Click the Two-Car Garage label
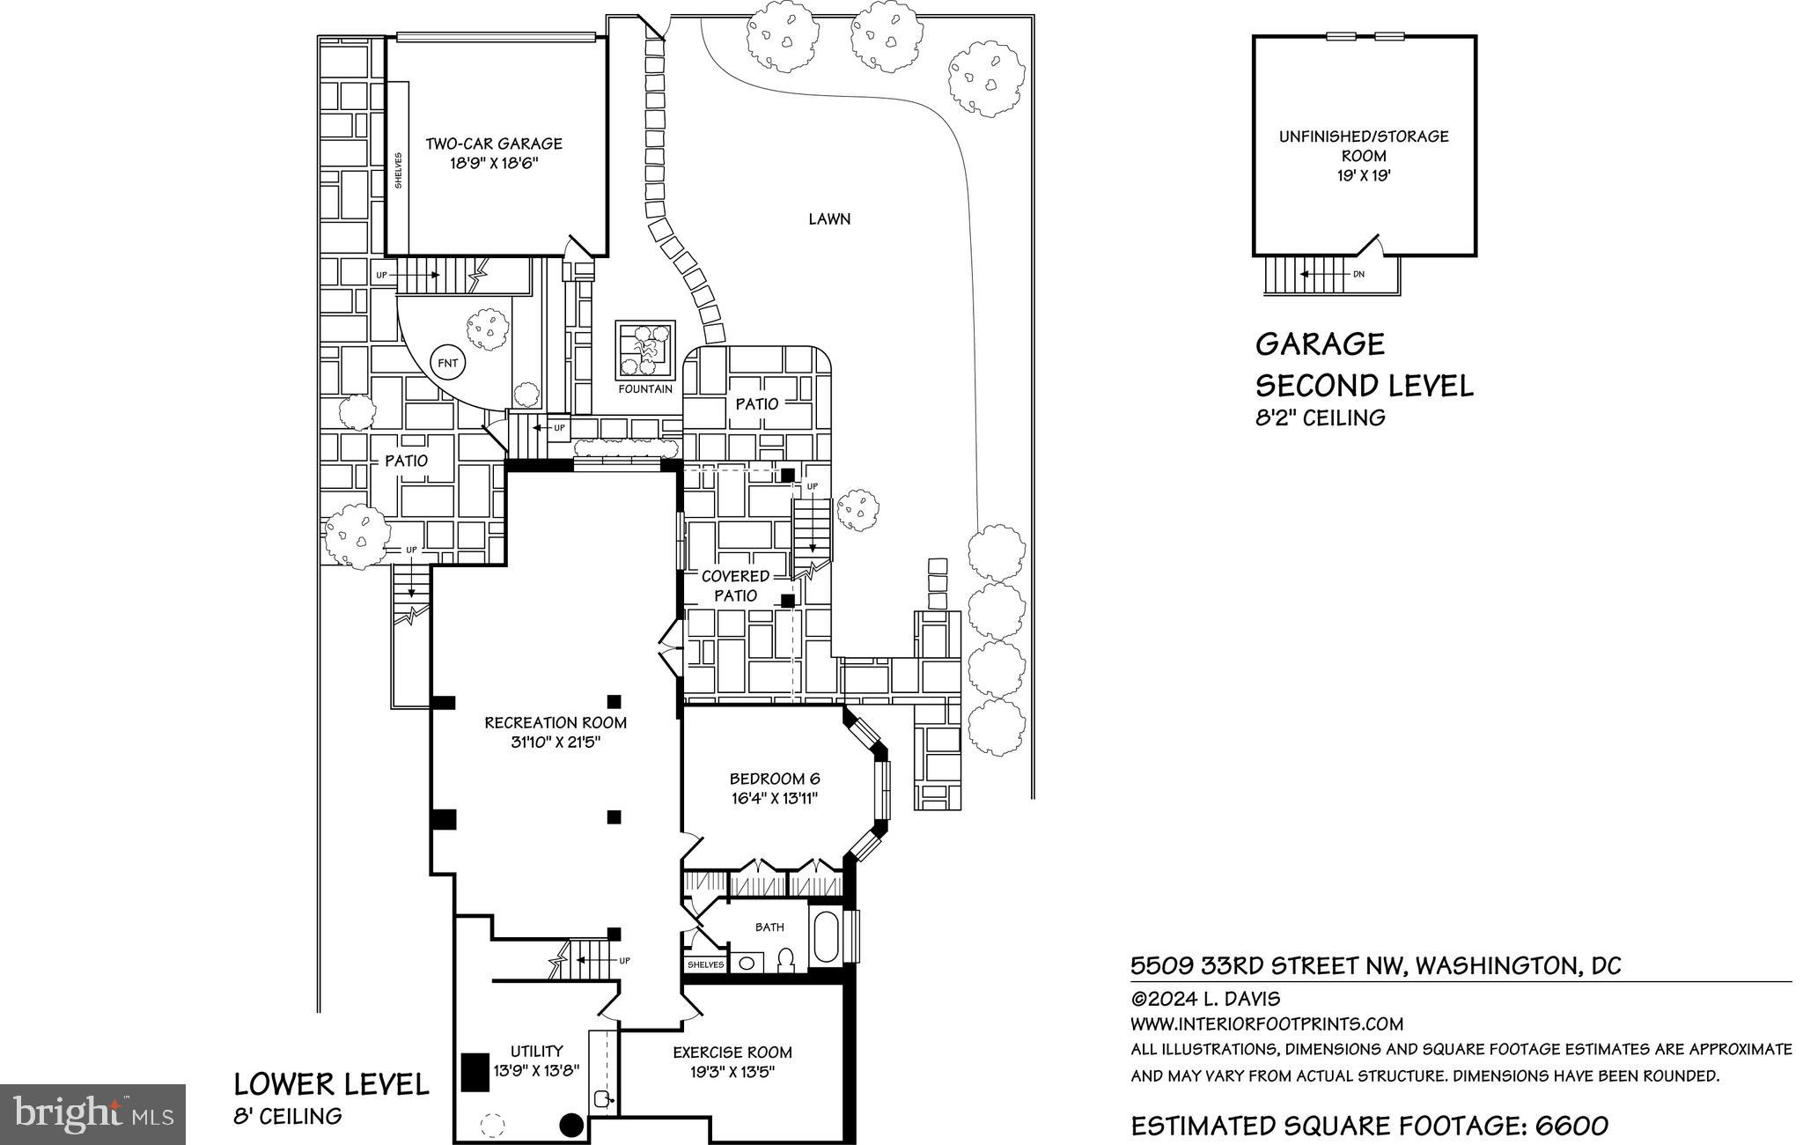(x=494, y=144)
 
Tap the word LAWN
(x=829, y=218)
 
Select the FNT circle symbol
(x=448, y=363)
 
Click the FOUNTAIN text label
(x=645, y=389)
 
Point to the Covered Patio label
(x=736, y=586)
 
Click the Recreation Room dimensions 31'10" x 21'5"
(x=556, y=742)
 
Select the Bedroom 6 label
(x=775, y=779)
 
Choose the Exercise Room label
(x=732, y=1053)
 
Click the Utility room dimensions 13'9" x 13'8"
(x=536, y=1070)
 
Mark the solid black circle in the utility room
(x=572, y=1125)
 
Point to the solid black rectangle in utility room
(x=475, y=1073)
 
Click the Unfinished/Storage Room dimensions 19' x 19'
(x=1364, y=175)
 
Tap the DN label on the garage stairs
(x=1358, y=274)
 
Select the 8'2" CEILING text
(x=1320, y=417)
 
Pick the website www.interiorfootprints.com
(x=1267, y=1023)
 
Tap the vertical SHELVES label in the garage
(x=398, y=170)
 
